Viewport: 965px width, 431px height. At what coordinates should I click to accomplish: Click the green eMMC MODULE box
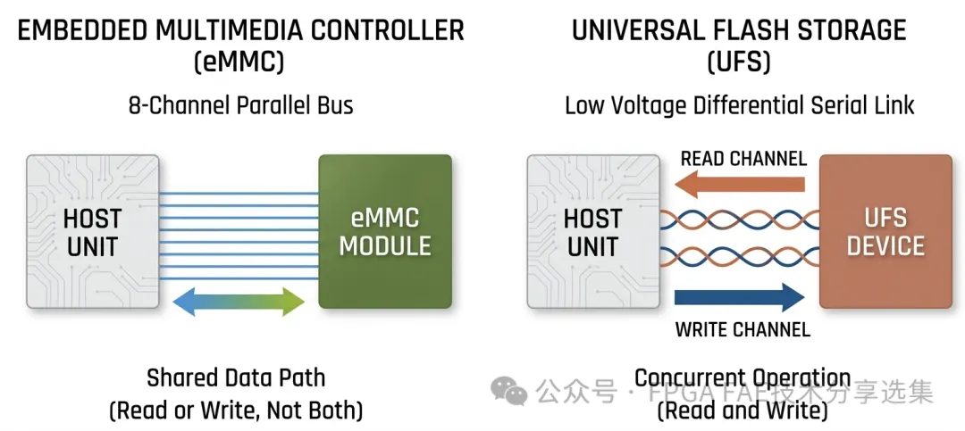point(385,231)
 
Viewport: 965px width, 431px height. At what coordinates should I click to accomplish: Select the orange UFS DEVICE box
point(885,231)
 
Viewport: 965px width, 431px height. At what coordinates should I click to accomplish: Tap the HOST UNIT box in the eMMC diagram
point(92,231)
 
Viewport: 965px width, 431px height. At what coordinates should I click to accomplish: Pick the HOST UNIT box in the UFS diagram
point(592,231)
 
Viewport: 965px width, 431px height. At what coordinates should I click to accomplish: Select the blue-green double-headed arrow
point(238,302)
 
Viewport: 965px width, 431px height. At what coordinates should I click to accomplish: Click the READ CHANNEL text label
point(743,159)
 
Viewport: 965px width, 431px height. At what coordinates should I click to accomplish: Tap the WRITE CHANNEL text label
point(743,329)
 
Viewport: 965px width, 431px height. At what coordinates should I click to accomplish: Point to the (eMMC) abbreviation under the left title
point(240,63)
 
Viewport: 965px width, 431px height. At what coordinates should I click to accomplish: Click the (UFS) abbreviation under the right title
point(739,63)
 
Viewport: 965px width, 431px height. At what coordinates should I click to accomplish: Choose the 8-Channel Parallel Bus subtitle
point(240,105)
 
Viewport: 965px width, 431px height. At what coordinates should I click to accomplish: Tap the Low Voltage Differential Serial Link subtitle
point(740,105)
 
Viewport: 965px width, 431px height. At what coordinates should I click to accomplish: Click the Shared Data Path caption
point(236,377)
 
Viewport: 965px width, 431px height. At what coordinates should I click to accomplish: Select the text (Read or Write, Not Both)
point(236,410)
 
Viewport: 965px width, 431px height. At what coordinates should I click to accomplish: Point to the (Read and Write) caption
point(742,410)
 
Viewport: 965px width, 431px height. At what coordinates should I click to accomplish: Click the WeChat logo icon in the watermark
point(511,390)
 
